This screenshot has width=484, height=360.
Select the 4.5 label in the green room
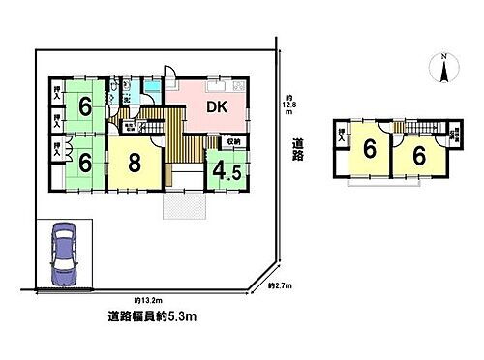point(227,173)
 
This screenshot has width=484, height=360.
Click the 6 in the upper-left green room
point(86,106)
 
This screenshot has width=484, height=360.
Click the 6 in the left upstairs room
point(369,151)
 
